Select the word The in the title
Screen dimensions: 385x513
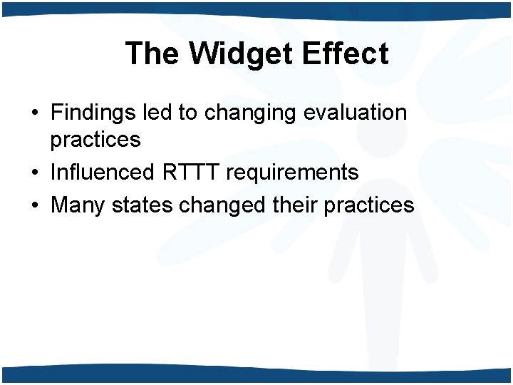click(x=150, y=53)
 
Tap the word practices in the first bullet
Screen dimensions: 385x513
click(x=95, y=140)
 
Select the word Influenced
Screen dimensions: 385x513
click(x=102, y=172)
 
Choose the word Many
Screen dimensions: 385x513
click(x=77, y=205)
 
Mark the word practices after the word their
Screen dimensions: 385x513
click(x=369, y=205)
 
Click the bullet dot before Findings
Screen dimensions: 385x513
click(x=34, y=113)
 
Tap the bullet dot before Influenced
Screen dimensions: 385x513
click(x=34, y=173)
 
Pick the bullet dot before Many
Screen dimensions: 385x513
click(x=34, y=206)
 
